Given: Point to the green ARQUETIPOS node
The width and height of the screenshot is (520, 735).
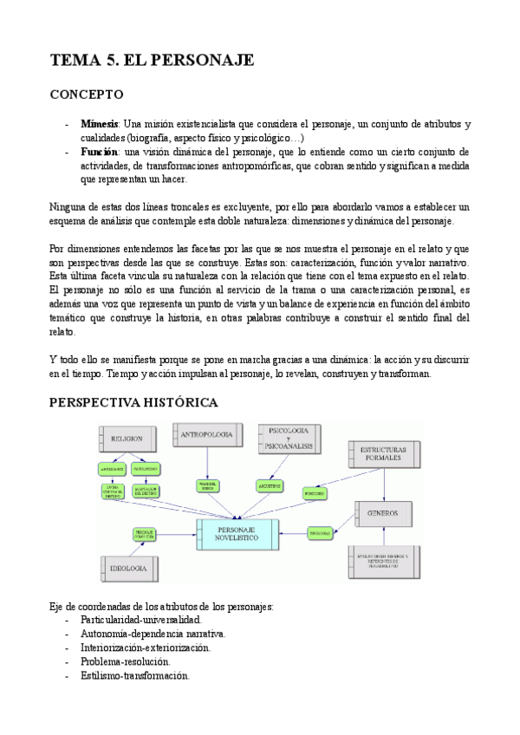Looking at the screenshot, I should coord(269,485).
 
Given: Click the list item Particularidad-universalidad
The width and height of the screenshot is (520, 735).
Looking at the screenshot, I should coord(140,621).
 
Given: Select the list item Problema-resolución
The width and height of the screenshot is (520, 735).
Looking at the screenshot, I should coord(125,661).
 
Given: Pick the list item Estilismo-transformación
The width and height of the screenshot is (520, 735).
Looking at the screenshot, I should coord(134,675).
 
